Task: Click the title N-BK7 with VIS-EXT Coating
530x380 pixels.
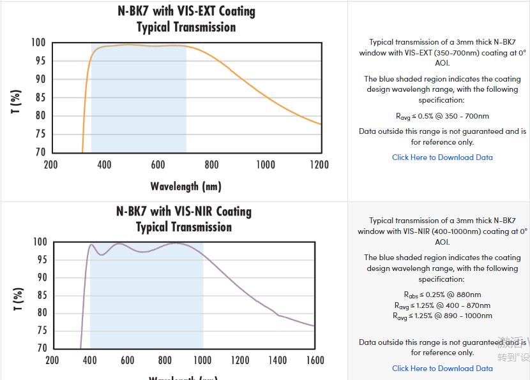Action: pyautogui.click(x=186, y=11)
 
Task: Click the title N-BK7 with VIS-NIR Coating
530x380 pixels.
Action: pyautogui.click(x=184, y=211)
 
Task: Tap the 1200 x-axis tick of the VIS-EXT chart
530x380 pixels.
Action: pyautogui.click(x=319, y=165)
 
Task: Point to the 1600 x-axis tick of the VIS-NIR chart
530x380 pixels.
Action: pyautogui.click(x=315, y=360)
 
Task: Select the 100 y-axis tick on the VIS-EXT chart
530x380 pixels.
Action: pyautogui.click(x=38, y=43)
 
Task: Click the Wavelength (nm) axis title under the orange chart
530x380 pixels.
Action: pyautogui.click(x=186, y=186)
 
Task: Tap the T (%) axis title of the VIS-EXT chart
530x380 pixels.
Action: pyautogui.click(x=17, y=101)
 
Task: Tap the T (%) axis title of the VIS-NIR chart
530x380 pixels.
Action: pyautogui.click(x=19, y=298)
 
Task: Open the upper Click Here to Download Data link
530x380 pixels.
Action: pyautogui.click(x=442, y=157)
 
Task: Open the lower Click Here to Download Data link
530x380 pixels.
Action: pyautogui.click(x=442, y=369)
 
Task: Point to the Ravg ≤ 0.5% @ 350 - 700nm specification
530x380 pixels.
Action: pyautogui.click(x=442, y=116)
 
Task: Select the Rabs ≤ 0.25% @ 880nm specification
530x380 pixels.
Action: pyautogui.click(x=442, y=295)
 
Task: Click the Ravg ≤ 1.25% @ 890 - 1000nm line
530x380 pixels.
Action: pyautogui.click(x=442, y=316)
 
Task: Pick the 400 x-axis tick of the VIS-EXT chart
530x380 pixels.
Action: pyautogui.click(x=104, y=165)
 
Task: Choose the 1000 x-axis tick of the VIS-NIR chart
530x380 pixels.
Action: pyautogui.click(x=202, y=360)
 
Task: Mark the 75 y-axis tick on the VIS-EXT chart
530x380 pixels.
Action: pyautogui.click(x=40, y=134)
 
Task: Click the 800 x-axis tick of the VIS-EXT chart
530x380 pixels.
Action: pyautogui.click(x=212, y=165)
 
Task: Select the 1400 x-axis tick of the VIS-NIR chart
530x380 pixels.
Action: pyautogui.click(x=278, y=360)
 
